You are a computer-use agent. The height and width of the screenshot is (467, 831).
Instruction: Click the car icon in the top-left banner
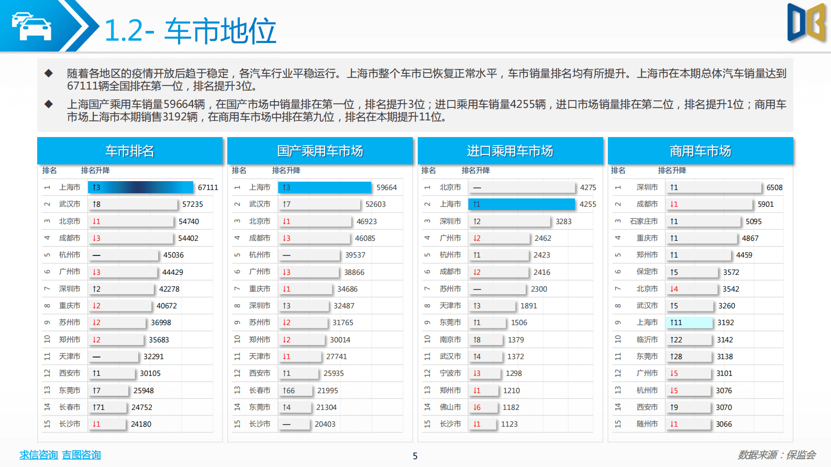click(31, 26)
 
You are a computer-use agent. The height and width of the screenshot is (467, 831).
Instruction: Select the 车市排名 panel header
click(130, 151)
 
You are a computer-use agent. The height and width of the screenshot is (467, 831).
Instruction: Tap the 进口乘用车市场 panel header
click(510, 151)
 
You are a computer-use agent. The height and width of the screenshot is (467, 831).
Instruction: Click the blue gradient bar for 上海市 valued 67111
click(140, 187)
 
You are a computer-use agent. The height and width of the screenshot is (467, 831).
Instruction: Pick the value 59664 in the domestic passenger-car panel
click(386, 187)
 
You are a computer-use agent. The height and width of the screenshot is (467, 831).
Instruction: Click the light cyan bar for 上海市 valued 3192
click(689, 323)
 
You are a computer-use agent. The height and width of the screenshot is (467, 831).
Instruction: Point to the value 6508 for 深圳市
click(774, 187)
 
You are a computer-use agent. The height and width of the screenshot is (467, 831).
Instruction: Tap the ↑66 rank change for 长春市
click(289, 391)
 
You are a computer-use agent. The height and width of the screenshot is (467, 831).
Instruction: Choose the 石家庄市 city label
click(644, 221)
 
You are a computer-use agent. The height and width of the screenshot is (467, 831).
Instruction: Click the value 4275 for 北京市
click(588, 187)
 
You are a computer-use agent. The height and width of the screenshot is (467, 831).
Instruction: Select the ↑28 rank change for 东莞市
click(676, 357)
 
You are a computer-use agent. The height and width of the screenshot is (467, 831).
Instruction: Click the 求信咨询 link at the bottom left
click(39, 455)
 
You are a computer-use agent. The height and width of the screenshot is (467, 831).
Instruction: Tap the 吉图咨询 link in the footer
click(81, 455)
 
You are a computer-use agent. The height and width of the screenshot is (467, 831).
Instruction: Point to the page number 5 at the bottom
click(415, 456)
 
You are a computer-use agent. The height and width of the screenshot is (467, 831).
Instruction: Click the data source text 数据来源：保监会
click(777, 455)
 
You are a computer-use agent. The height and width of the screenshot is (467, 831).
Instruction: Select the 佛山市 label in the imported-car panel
click(450, 407)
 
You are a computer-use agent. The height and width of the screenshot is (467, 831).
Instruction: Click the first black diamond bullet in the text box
click(49, 73)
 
